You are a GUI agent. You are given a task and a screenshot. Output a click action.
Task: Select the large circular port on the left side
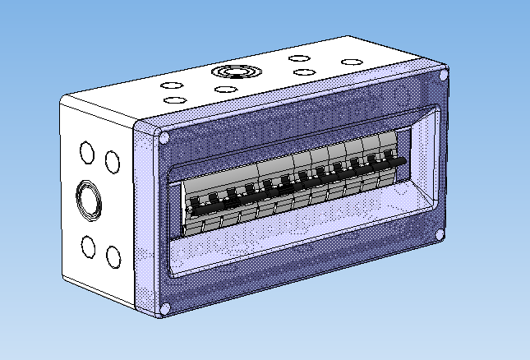coord(88,201)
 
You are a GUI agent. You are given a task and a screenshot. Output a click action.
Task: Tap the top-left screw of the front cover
coord(164,138)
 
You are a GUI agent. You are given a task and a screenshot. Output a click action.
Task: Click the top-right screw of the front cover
coord(444,76)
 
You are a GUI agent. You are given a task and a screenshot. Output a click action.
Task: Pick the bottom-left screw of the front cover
coord(164,308)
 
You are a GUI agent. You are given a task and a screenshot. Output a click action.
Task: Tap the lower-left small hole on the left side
coord(86,246)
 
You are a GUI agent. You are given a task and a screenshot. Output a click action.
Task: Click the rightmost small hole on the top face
coord(352,62)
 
